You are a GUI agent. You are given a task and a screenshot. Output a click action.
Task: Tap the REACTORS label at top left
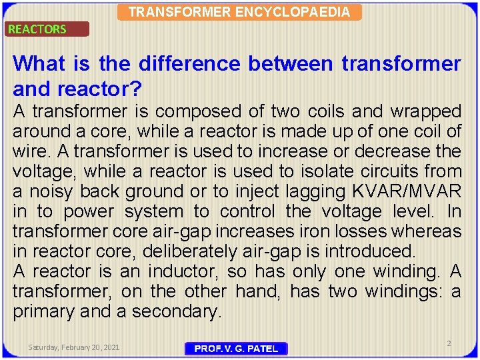[x=37, y=29]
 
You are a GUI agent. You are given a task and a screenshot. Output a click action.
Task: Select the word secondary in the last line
[x=181, y=312]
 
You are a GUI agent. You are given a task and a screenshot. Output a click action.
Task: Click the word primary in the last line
[x=46, y=312]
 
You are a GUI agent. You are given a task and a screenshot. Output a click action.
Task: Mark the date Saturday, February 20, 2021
[x=73, y=347]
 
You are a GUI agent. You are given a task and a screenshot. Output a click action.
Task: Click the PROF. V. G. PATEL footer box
[x=236, y=349]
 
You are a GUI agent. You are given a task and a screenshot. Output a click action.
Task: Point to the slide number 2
[x=449, y=343]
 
